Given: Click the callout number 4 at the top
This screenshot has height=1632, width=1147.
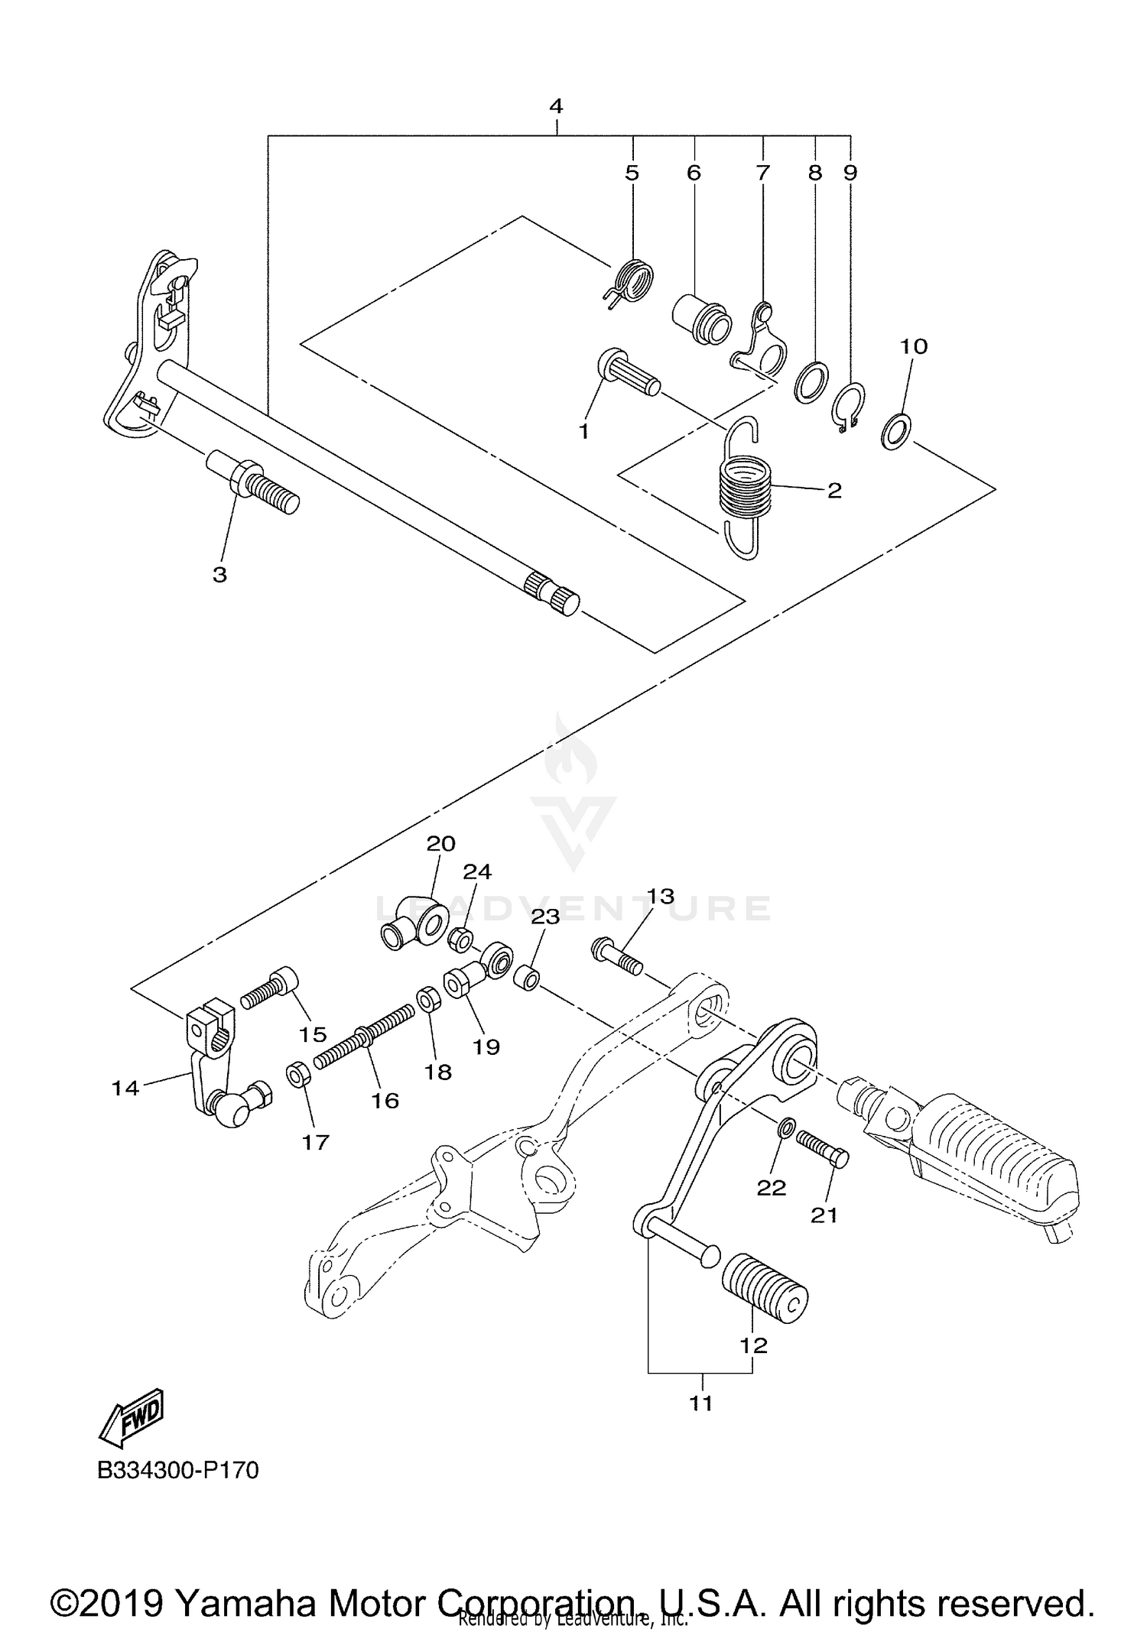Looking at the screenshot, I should click(x=556, y=105).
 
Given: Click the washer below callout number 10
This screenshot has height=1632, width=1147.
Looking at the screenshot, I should click(x=896, y=431).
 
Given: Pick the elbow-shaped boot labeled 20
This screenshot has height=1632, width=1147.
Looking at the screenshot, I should click(x=414, y=924).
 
